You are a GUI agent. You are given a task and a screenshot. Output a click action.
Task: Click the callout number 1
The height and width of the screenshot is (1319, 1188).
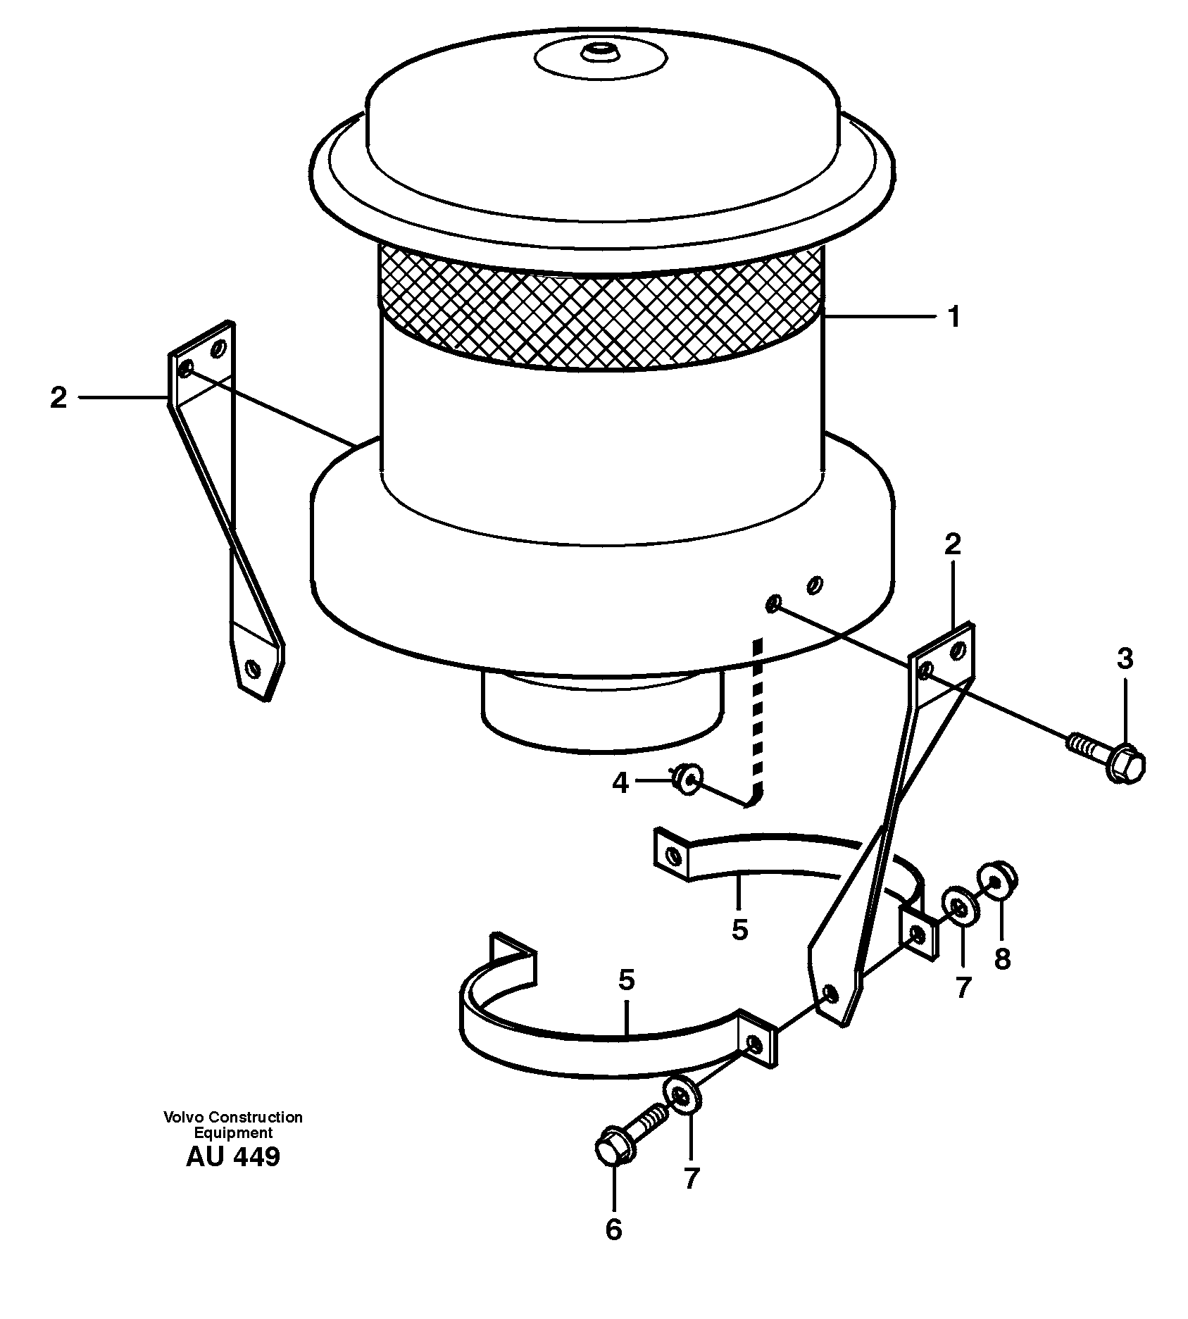point(953,318)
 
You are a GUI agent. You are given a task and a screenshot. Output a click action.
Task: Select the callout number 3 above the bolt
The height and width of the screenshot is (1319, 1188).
point(1125,659)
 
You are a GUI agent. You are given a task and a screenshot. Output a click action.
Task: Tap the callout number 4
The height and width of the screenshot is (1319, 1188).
point(620,782)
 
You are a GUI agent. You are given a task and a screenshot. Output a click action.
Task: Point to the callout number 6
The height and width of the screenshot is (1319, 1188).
point(613,1230)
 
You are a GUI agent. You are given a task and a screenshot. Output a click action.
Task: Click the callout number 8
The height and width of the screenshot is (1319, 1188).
point(1002,958)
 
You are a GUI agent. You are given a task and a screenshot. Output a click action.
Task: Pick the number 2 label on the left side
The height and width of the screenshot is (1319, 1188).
point(58,399)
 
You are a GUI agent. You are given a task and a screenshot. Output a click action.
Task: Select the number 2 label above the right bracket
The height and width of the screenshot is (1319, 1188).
point(952,544)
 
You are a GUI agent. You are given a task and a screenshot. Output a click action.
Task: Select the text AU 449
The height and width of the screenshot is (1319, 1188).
point(232,1157)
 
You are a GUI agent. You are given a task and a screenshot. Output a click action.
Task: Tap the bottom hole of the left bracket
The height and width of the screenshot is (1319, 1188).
point(253,666)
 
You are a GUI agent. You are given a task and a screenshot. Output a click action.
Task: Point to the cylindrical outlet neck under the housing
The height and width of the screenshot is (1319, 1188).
point(602,711)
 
